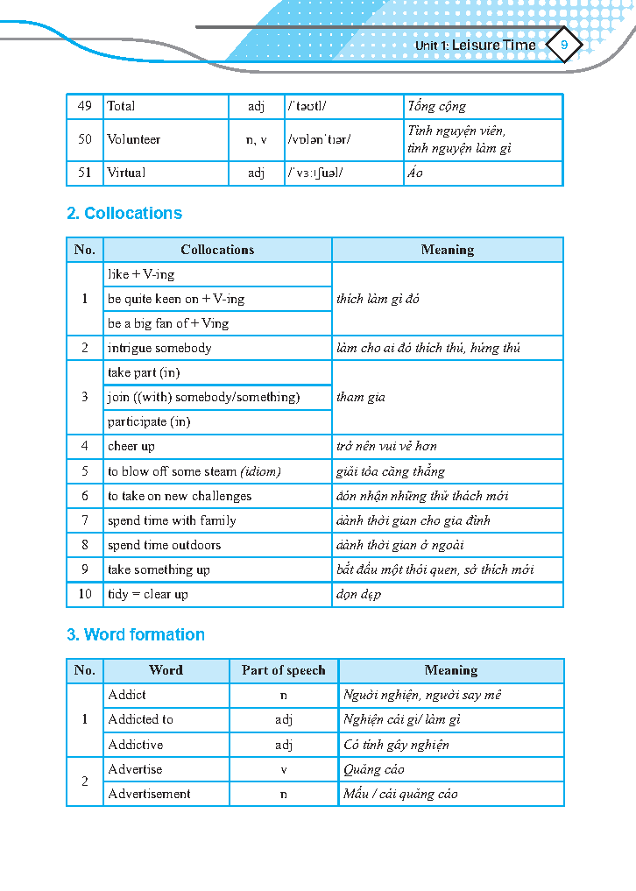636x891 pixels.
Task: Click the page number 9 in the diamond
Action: [563, 45]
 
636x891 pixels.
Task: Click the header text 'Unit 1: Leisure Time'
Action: [475, 45]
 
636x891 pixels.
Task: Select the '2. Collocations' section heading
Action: [124, 213]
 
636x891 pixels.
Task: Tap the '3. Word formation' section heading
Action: [136, 634]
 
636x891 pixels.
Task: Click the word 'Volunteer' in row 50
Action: [134, 139]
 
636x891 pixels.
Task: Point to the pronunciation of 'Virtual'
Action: [314, 173]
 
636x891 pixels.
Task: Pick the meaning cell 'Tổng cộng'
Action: [437, 106]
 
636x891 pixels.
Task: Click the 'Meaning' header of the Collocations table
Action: [448, 250]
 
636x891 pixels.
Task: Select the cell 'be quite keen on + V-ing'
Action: [176, 299]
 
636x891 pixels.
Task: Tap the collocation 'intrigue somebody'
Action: [159, 348]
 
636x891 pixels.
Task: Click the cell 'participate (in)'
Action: [149, 421]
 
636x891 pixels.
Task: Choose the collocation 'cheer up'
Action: [131, 446]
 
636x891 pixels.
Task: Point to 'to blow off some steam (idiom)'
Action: [194, 471]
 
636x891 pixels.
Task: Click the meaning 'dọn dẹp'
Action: [358, 594]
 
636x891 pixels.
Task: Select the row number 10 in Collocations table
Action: [85, 594]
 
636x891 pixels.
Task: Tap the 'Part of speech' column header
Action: [283, 670]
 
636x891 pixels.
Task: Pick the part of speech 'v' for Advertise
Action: [283, 769]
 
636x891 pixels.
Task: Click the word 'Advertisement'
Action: [149, 794]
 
